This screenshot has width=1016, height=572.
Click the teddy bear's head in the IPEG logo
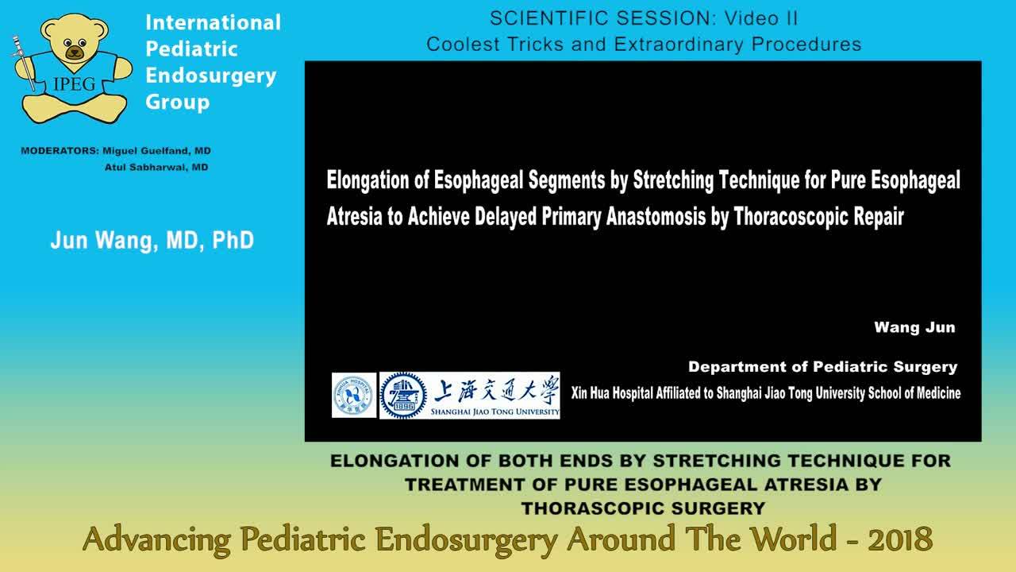(75, 43)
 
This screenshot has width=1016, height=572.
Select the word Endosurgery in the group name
(211, 75)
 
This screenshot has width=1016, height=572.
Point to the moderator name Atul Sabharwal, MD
(156, 167)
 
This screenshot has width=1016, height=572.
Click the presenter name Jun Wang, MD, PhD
(152, 240)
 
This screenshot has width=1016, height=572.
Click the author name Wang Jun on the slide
(914, 327)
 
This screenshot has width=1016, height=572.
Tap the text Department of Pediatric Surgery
(822, 367)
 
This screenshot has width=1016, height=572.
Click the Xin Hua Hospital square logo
(354, 395)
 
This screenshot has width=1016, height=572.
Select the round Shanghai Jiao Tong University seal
(403, 395)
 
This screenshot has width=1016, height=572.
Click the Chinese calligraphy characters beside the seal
(495, 390)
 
